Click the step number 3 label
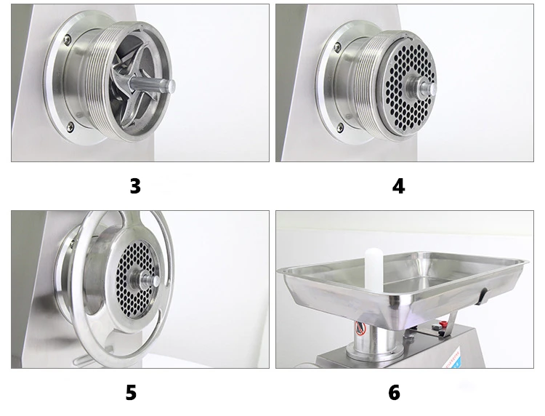click(134, 186)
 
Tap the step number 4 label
click(398, 186)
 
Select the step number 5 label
click(131, 393)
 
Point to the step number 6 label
click(394, 393)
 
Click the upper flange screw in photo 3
click(67, 39)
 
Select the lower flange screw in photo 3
click(70, 126)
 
